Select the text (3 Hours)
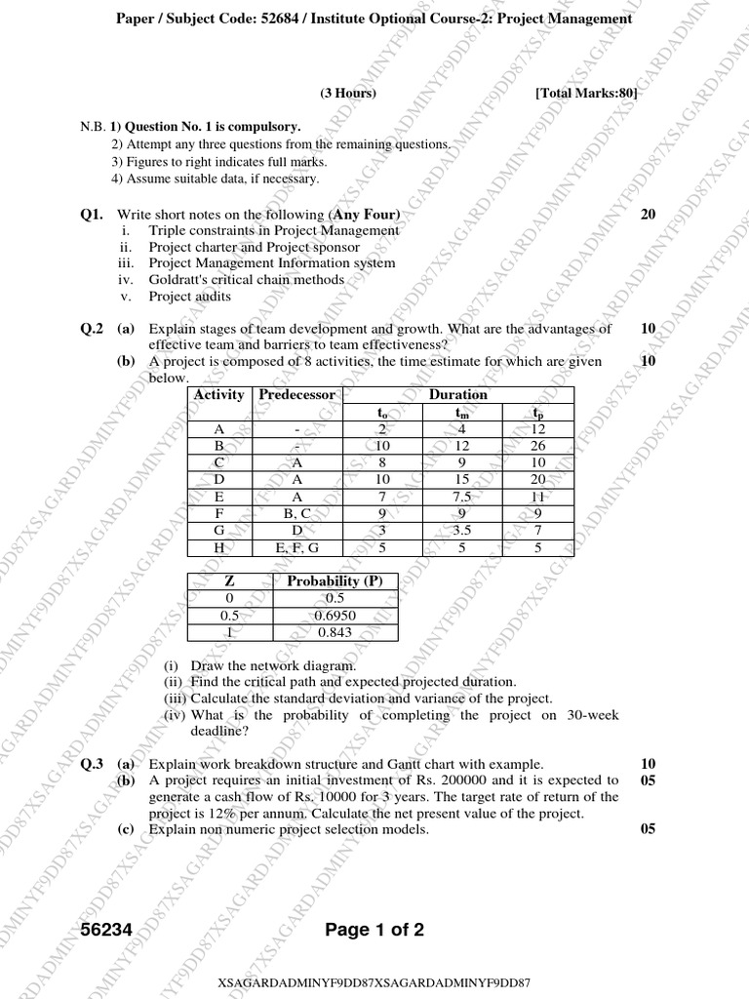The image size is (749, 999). (x=347, y=93)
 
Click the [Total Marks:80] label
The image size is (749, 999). (x=586, y=93)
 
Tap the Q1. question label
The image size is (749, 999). (x=93, y=215)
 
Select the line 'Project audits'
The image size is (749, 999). (x=190, y=297)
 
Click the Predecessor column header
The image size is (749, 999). (x=296, y=395)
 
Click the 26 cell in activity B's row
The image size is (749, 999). (x=537, y=446)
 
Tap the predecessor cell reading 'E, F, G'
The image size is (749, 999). (x=296, y=548)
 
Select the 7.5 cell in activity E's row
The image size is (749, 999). (x=462, y=497)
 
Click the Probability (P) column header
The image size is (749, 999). (x=335, y=581)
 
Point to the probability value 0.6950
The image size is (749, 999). (x=335, y=616)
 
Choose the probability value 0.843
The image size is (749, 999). (x=335, y=632)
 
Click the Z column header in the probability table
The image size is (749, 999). (x=228, y=581)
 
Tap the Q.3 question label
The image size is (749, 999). (x=92, y=764)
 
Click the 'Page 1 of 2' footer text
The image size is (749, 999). (x=375, y=930)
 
